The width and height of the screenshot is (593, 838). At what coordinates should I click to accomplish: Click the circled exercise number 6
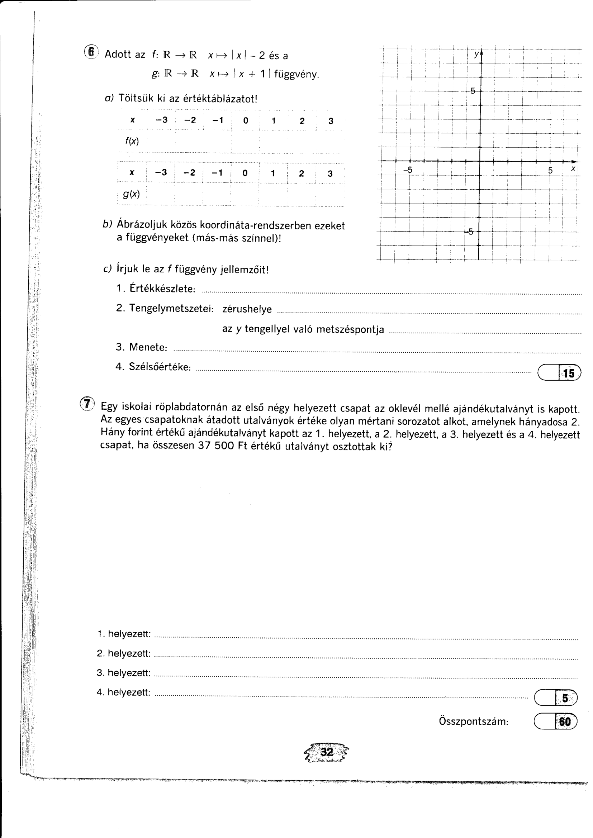tap(91, 52)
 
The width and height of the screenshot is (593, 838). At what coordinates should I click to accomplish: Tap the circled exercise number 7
tap(87, 404)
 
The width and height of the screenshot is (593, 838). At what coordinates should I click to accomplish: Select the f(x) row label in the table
tap(132, 141)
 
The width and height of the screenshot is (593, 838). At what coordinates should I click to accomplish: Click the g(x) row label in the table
tap(132, 194)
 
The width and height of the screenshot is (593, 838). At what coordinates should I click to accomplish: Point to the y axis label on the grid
tap(476, 54)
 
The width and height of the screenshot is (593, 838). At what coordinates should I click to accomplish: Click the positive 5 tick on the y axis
tap(473, 91)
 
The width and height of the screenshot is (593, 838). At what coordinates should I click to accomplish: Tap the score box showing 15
tap(559, 373)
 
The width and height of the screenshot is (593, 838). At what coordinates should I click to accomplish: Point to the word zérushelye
tap(247, 309)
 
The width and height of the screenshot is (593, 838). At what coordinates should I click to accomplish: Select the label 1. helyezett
tap(124, 634)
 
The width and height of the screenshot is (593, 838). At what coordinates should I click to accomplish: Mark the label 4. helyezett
tap(123, 692)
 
